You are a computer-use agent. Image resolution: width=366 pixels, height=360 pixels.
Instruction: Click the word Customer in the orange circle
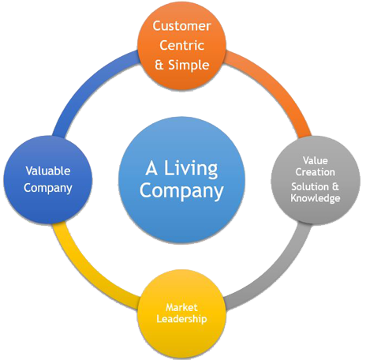pyautogui.click(x=181, y=26)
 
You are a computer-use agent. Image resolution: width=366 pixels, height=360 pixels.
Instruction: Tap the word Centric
pyautogui.click(x=181, y=45)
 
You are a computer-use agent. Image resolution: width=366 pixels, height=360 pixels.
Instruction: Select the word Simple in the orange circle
pyautogui.click(x=189, y=66)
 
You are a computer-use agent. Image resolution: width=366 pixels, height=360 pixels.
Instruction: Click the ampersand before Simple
pyautogui.click(x=159, y=66)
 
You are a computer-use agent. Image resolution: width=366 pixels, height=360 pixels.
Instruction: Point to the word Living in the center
pyautogui.click(x=191, y=168)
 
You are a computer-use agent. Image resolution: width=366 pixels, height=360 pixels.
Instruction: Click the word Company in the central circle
pyautogui.click(x=181, y=191)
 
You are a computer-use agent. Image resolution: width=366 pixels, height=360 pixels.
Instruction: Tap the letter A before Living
pyautogui.click(x=151, y=168)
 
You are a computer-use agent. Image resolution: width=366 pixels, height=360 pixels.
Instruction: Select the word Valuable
pyautogui.click(x=48, y=171)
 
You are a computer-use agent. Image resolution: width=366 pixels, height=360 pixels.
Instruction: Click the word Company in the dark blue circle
pyautogui.click(x=48, y=188)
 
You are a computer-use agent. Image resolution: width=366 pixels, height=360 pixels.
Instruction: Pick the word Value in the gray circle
pyautogui.click(x=316, y=160)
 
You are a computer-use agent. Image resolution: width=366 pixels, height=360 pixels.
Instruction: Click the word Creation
pyautogui.click(x=316, y=172)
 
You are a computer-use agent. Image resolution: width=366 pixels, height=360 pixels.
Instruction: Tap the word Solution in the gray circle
pyautogui.click(x=310, y=186)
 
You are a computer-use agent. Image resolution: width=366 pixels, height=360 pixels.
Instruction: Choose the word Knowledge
pyautogui.click(x=316, y=198)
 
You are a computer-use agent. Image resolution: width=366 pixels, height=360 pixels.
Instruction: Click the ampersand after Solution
pyautogui.click(x=335, y=186)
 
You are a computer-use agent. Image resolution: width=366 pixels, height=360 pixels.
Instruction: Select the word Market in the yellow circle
pyautogui.click(x=181, y=307)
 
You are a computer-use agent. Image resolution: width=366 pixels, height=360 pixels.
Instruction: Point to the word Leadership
pyautogui.click(x=181, y=319)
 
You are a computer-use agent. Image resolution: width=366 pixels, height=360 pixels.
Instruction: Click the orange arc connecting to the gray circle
pyautogui.click(x=279, y=84)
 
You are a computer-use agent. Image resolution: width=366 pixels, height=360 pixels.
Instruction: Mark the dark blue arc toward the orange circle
pyautogui.click(x=85, y=84)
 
